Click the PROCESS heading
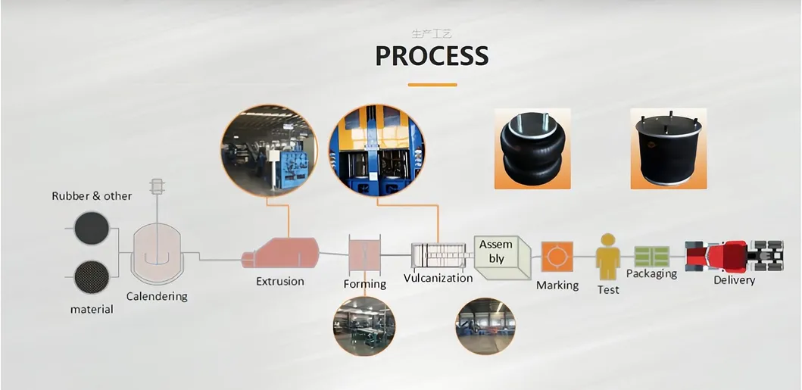[432, 56]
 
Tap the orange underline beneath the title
[432, 84]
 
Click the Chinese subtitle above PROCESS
[432, 34]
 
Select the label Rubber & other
[92, 196]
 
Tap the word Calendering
[157, 296]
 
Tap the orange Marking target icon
[557, 257]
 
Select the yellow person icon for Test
[607, 257]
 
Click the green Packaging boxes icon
[651, 256]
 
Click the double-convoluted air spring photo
[532, 148]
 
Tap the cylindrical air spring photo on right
[668, 148]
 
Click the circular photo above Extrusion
[268, 151]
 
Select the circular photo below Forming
[364, 326]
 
